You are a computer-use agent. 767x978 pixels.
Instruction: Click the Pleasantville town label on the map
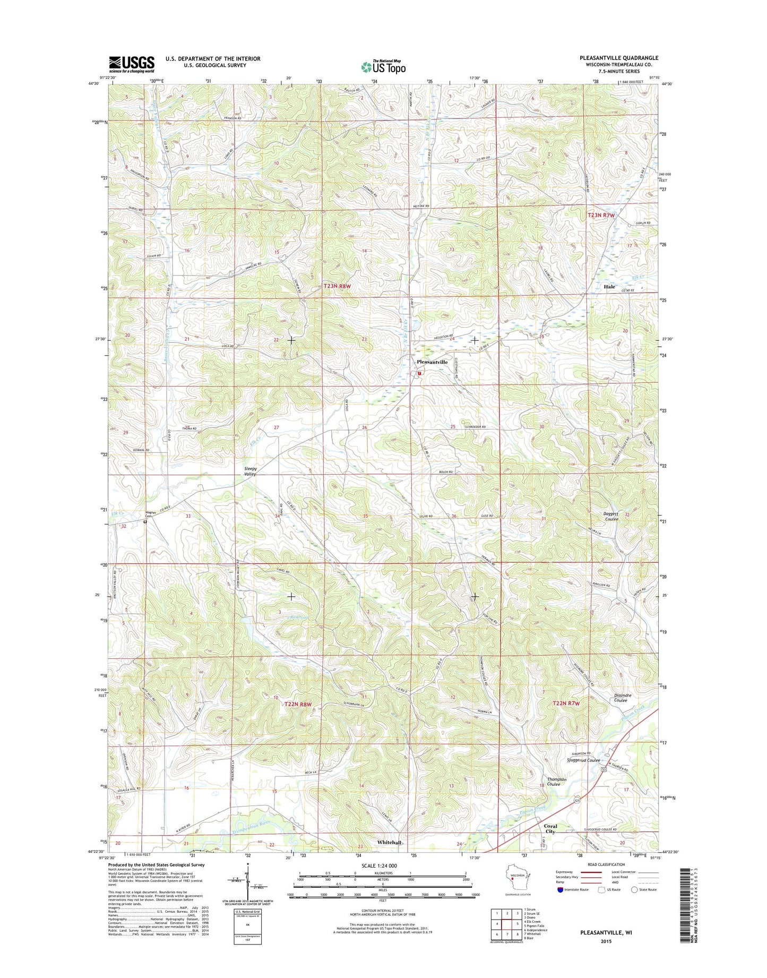pos(432,362)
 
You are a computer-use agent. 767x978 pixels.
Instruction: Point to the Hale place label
pos(609,287)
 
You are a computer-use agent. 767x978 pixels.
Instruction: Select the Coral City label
pos(550,829)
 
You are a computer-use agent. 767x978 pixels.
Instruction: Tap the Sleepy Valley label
pos(250,471)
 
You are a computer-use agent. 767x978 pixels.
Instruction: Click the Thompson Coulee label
pos(557,782)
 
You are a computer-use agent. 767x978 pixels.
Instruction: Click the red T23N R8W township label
pos(338,286)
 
